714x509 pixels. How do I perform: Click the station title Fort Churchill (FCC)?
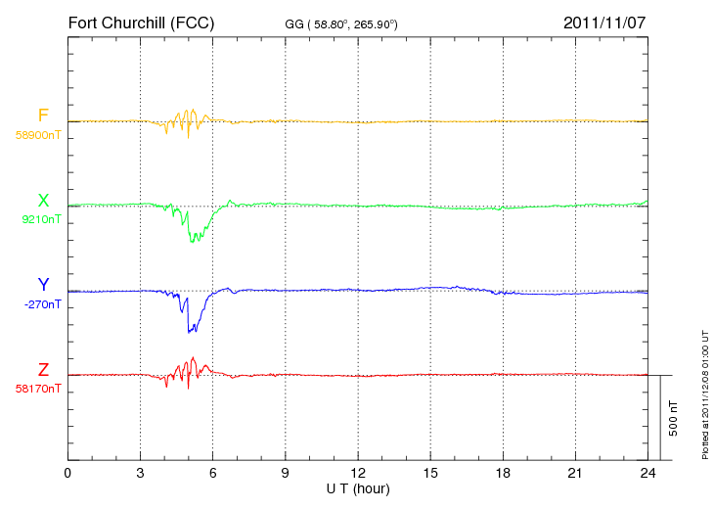[x=141, y=23]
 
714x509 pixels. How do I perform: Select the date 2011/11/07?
[x=604, y=23]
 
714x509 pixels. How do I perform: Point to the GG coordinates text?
[x=341, y=24]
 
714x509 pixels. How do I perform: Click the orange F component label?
[x=43, y=116]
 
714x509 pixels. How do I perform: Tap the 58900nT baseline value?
[x=38, y=135]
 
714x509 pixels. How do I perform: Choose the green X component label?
[x=43, y=200]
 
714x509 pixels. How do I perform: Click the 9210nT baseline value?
[x=41, y=219]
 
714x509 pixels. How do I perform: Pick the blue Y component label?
[x=43, y=284]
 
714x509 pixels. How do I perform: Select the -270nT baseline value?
[x=42, y=304]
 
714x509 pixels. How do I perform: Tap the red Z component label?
[x=43, y=370]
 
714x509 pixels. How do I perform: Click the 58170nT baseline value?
[x=38, y=390]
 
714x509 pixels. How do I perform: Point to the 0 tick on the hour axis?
[x=67, y=473]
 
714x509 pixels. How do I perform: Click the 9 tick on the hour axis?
[x=285, y=473]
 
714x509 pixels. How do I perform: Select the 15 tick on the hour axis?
[x=430, y=473]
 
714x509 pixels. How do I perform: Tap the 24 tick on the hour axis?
[x=647, y=473]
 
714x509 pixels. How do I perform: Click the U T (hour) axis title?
[x=358, y=489]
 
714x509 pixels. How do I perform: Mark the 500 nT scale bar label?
[x=674, y=418]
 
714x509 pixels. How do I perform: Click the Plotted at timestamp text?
[x=705, y=394]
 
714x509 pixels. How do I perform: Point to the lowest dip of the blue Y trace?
[x=189, y=333]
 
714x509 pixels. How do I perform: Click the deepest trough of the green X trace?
[x=192, y=242]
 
